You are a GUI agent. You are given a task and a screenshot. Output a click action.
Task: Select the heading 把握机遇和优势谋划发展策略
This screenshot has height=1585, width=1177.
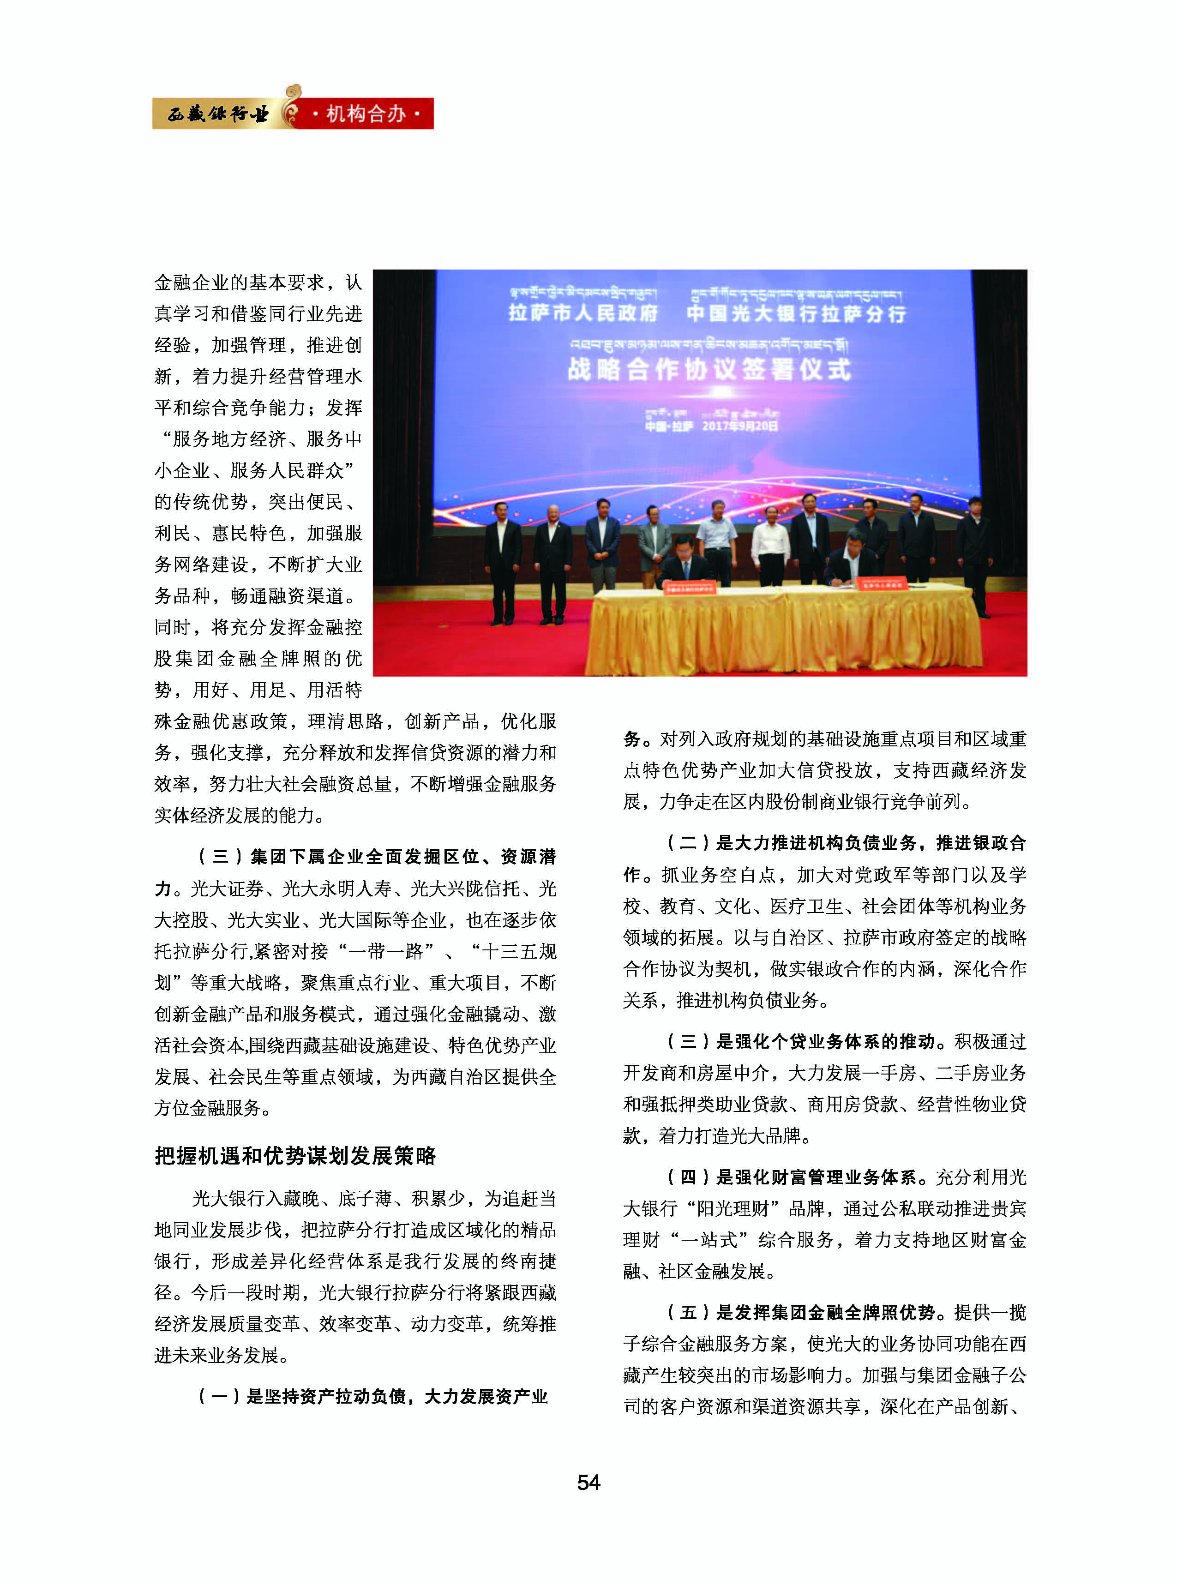coord(295,1155)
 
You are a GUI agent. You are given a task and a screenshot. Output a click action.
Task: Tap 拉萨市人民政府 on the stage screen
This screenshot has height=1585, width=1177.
coord(583,313)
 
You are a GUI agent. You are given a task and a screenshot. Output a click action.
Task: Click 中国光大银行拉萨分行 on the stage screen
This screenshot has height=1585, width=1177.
coord(796,313)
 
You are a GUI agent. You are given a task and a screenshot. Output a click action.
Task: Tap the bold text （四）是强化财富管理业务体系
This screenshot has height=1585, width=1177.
coord(791,1177)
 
